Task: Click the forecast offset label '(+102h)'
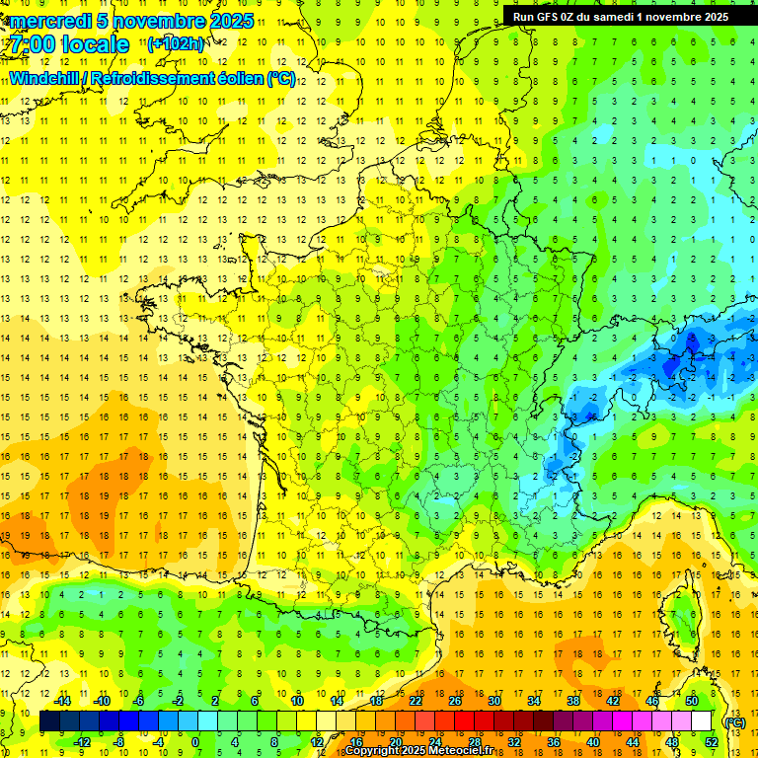pyautogui.click(x=176, y=43)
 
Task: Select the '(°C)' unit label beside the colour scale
pyautogui.click(x=734, y=722)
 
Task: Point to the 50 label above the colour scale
pyautogui.click(x=691, y=701)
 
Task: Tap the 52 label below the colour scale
pyautogui.click(x=711, y=742)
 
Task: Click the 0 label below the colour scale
pyautogui.click(x=195, y=742)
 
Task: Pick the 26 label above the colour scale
pyautogui.click(x=455, y=701)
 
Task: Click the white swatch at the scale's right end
pyautogui.click(x=702, y=721)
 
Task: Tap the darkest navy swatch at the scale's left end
pyautogui.click(x=50, y=721)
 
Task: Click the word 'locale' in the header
pyautogui.click(x=95, y=44)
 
